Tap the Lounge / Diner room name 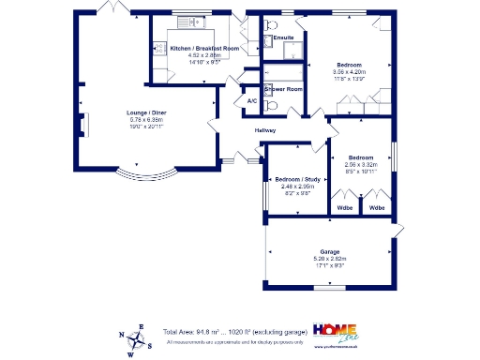[145, 114]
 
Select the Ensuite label [283, 37]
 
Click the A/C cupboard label [252, 100]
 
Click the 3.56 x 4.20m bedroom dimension [348, 72]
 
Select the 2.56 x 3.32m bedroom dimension [361, 165]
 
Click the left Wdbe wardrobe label [345, 206]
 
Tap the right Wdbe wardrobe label [377, 206]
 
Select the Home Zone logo [334, 333]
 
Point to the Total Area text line [234, 332]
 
